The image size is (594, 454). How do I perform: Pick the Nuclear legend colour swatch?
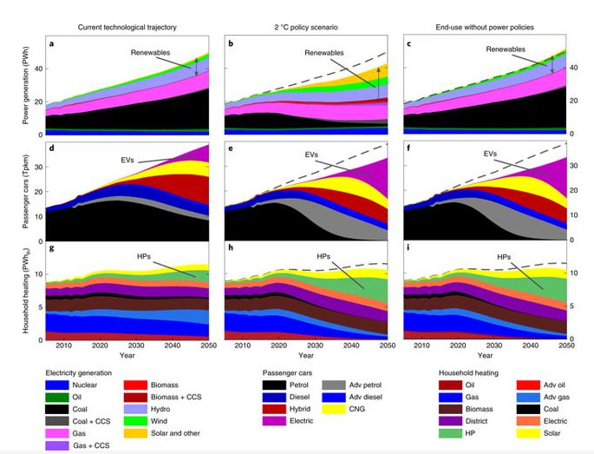coord(60,384)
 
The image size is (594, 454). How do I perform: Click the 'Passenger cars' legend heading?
coord(290,372)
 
